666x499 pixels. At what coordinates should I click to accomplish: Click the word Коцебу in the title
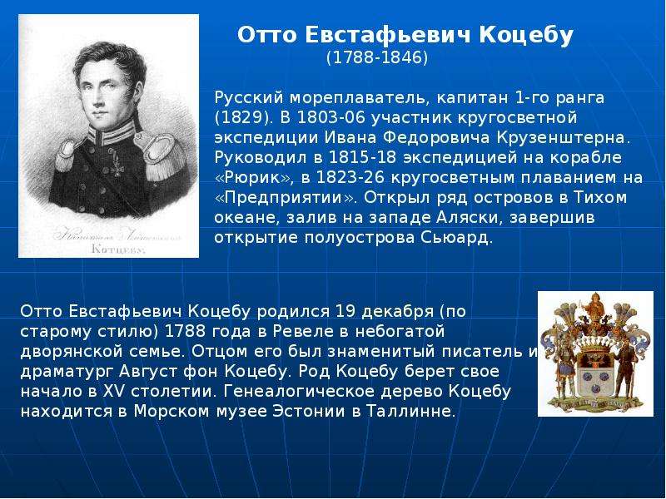pyautogui.click(x=526, y=35)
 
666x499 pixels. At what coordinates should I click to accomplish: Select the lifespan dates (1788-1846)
pyautogui.click(x=377, y=57)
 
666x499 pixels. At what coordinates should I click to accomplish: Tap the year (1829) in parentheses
pyautogui.click(x=242, y=117)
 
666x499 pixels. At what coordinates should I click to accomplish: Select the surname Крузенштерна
pyautogui.click(x=564, y=138)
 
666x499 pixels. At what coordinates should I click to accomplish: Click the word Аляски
pyautogui.click(x=469, y=217)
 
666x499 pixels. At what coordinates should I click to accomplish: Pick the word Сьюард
pyautogui.click(x=456, y=238)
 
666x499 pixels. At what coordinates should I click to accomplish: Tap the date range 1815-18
pyautogui.click(x=363, y=157)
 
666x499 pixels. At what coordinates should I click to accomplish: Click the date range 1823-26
pyautogui.click(x=350, y=177)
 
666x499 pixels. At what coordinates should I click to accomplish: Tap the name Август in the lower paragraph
pyautogui.click(x=148, y=371)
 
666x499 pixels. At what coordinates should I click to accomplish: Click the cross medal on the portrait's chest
pyautogui.click(x=116, y=166)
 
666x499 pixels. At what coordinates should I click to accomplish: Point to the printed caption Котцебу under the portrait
pyautogui.click(x=118, y=249)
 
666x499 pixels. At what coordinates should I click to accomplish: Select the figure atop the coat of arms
pyautogui.click(x=594, y=305)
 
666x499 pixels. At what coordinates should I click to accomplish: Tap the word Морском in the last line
pyautogui.click(x=170, y=411)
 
